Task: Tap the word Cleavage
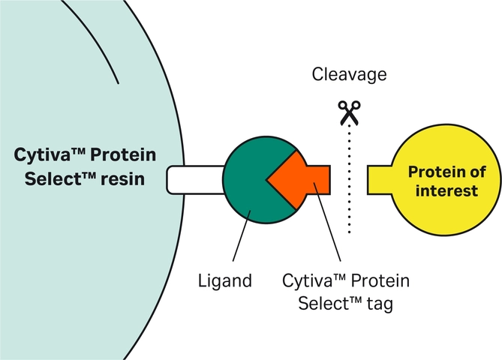click(x=350, y=75)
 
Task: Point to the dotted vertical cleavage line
click(x=349, y=180)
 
